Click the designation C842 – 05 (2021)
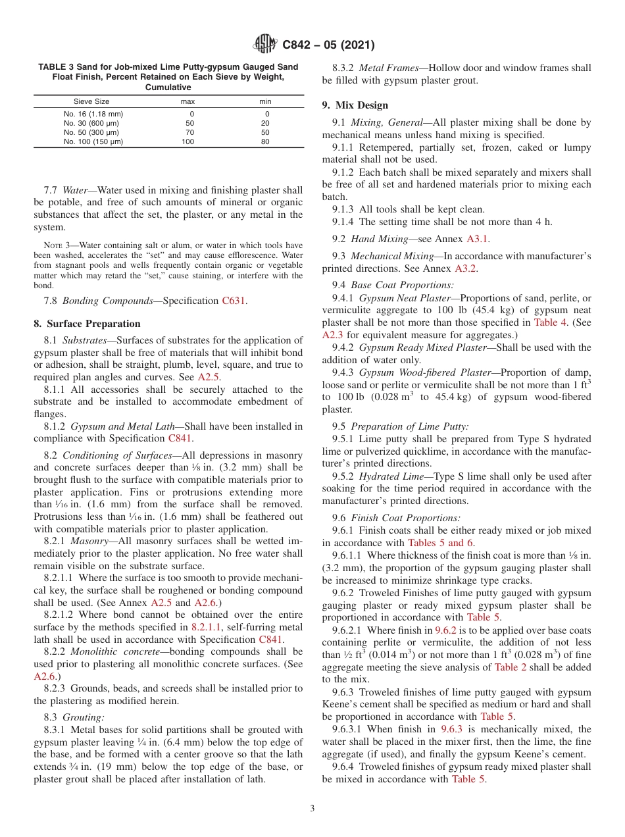pyautogui.click(x=328, y=45)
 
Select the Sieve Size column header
pyautogui.click(x=91, y=102)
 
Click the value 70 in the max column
pyautogui.click(x=189, y=132)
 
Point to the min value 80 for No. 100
pyautogui.click(x=265, y=141)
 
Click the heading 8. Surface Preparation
pyautogui.click(x=87, y=324)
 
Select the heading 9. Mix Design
pyautogui.click(x=355, y=105)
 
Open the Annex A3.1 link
pyautogui.click(x=478, y=239)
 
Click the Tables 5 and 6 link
pyautogui.click(x=440, y=543)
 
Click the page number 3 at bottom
pyautogui.click(x=312, y=809)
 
